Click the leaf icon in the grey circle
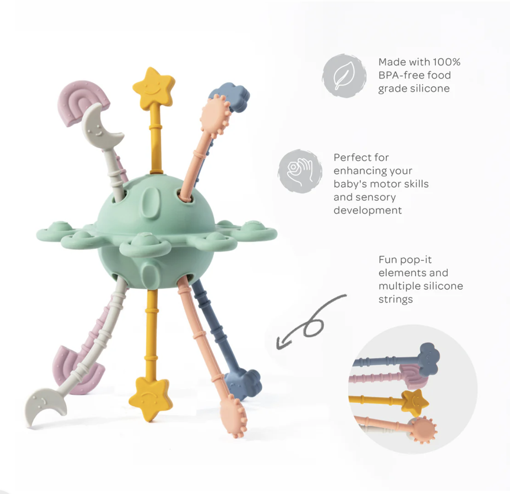pos(344,76)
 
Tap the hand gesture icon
pos(300,171)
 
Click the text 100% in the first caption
pos(447,62)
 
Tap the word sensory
pos(376,197)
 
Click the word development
pos(367,210)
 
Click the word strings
pos(395,300)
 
